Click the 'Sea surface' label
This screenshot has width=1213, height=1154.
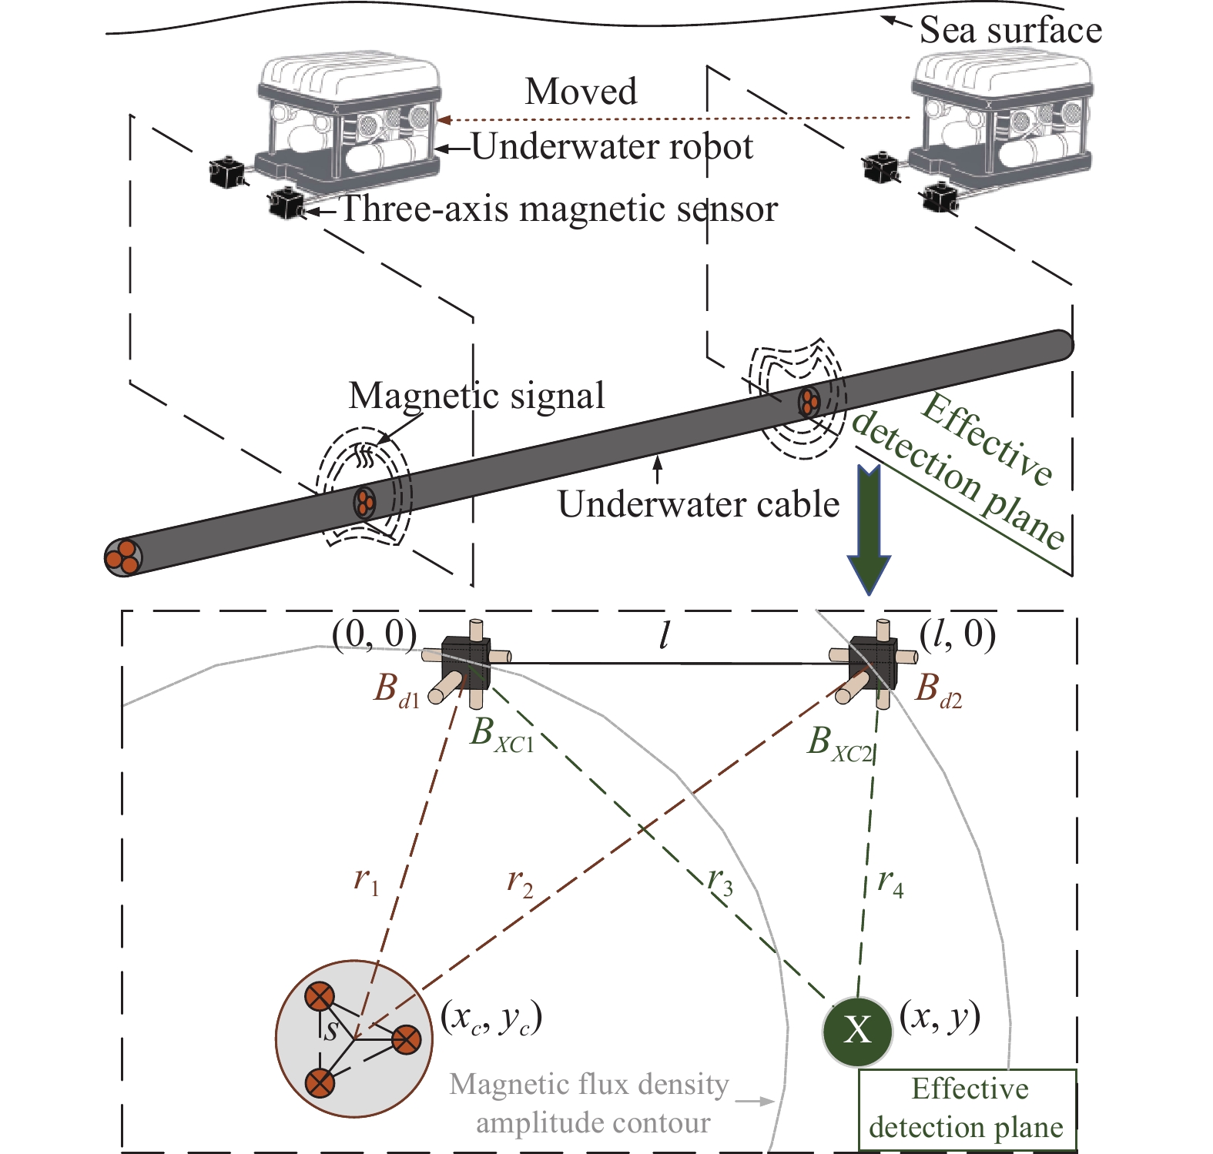[1010, 31]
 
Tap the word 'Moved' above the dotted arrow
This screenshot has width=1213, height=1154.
[581, 92]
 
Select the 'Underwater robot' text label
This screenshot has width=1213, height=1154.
[612, 146]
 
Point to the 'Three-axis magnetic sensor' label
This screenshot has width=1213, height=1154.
[558, 209]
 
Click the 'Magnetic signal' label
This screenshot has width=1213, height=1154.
[476, 396]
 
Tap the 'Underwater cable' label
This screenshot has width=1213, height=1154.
[698, 505]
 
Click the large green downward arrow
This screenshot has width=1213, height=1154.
[869, 531]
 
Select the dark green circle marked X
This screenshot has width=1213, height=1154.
[857, 1030]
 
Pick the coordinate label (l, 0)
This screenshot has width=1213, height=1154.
[957, 634]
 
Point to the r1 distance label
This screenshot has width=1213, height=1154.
[367, 879]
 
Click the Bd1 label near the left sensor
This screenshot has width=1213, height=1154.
[396, 689]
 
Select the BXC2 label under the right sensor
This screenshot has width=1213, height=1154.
[839, 744]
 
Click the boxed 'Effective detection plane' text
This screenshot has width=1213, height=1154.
[967, 1109]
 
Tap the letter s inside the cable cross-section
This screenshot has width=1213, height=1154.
[331, 1030]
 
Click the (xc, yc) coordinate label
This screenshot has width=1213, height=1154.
[491, 1018]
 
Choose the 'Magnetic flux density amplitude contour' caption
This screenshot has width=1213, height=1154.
[591, 1103]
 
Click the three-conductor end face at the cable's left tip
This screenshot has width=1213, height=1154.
[122, 557]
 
